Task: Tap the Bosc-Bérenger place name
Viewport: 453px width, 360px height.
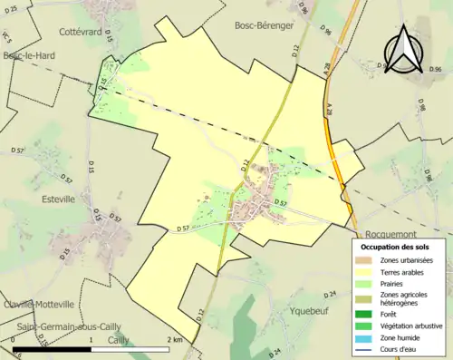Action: [x=265, y=25]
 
